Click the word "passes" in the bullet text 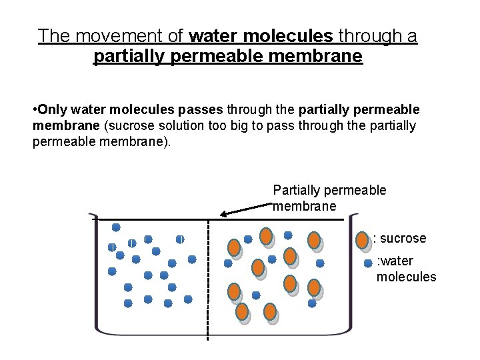[199, 109]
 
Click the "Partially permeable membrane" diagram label [329, 198]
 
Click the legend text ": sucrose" [400, 238]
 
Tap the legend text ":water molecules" [405, 269]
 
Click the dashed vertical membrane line [209, 280]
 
